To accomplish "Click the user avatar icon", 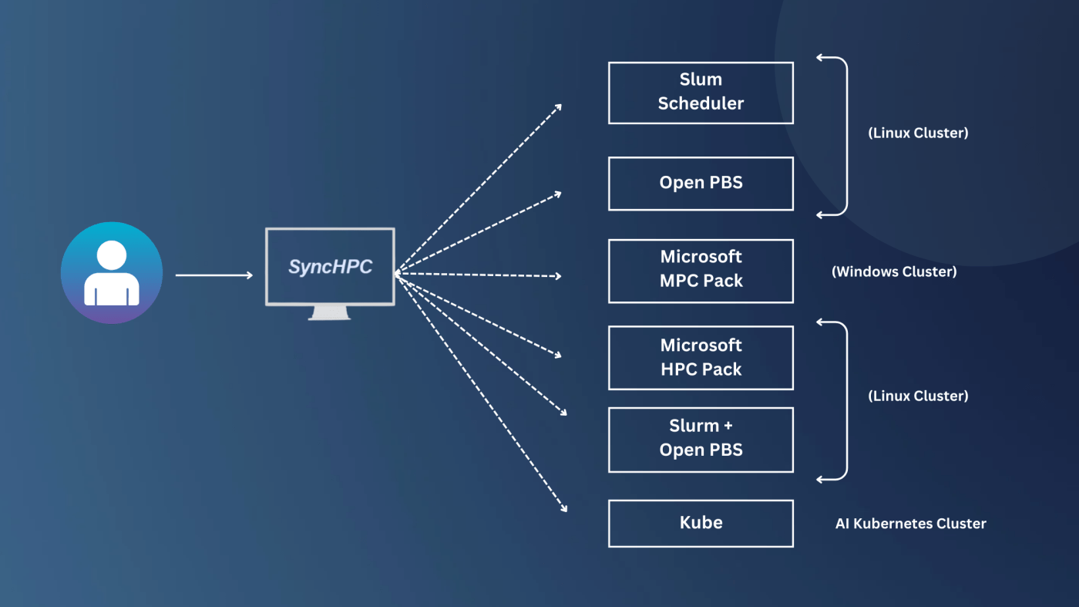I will (112, 272).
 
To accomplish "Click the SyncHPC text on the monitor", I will (330, 267).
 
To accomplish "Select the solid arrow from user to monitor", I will (213, 275).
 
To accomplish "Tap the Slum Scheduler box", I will (701, 93).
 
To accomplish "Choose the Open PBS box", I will (701, 184).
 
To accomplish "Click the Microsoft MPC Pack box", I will (701, 270).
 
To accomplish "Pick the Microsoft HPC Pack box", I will (701, 358).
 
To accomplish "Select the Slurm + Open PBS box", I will (701, 440).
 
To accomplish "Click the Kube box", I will (701, 524).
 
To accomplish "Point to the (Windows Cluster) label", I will (894, 271).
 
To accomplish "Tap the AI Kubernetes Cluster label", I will (910, 524).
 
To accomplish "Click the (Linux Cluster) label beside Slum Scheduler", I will (918, 133).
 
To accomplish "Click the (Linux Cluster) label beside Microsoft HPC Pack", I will (918, 396).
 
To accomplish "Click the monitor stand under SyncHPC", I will (329, 312).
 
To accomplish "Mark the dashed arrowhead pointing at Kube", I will (563, 508).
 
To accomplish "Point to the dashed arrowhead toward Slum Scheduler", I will (558, 106).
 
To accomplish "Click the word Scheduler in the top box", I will (701, 103).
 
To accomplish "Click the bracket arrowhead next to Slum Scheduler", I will (821, 57).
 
